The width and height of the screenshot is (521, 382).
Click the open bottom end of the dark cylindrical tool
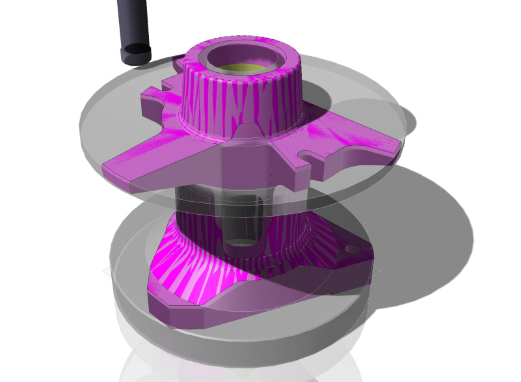coord(137,49)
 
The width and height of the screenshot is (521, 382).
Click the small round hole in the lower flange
coord(352,249)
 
